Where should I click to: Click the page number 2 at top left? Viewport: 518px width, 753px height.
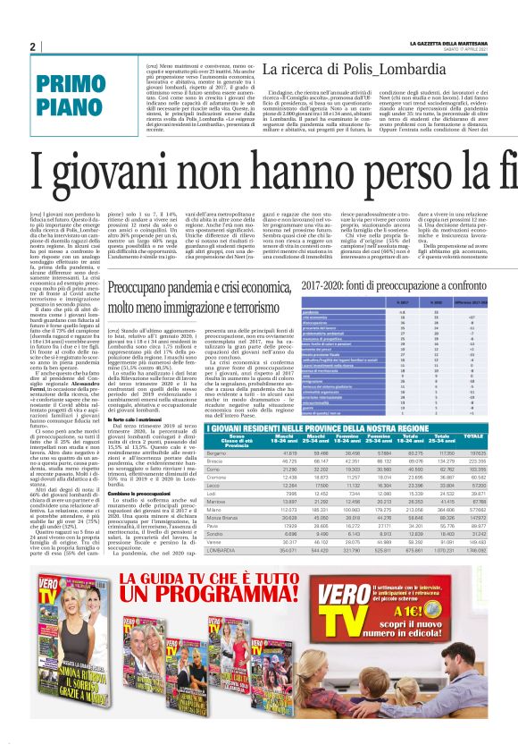tap(32, 47)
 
